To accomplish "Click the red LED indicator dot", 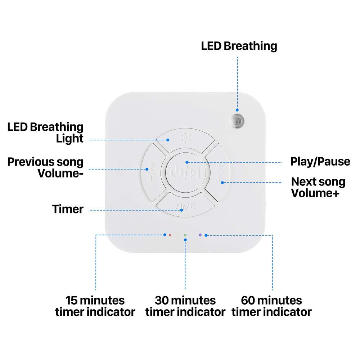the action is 170,235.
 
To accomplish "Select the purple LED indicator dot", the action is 200,235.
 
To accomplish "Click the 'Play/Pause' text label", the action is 320,161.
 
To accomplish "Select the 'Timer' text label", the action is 68,209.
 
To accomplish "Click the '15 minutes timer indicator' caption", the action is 95,306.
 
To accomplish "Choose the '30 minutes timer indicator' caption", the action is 185,306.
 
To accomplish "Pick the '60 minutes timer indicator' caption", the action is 271,306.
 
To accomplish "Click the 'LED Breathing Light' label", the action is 46,132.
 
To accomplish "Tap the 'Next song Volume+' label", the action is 318,187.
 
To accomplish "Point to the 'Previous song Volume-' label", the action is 46,167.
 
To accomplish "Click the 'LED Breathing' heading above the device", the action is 239,46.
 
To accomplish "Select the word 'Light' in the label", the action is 69,138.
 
